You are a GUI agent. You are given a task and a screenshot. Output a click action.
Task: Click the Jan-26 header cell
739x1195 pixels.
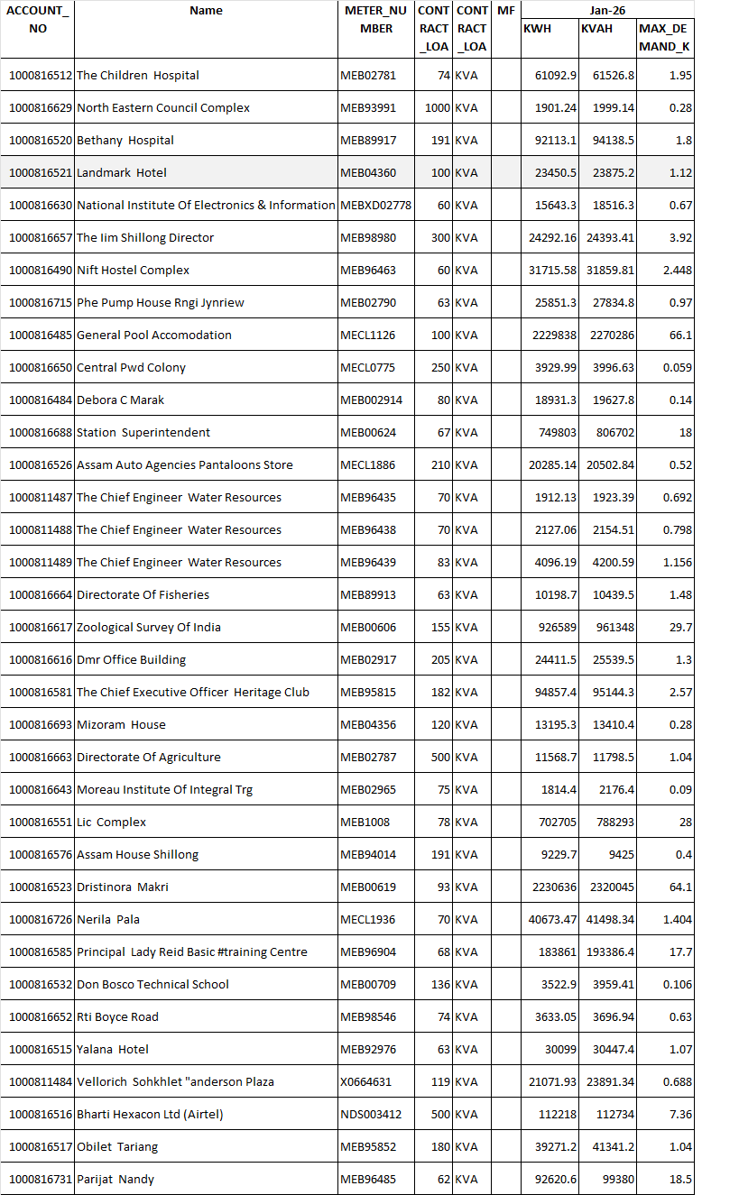[607, 10]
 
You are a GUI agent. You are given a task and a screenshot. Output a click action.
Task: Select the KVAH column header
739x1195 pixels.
[597, 28]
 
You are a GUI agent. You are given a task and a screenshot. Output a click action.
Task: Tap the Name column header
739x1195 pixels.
[207, 11]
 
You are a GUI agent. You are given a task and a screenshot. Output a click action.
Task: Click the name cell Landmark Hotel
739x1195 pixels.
[122, 172]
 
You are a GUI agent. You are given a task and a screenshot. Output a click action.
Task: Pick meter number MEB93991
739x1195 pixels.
[368, 107]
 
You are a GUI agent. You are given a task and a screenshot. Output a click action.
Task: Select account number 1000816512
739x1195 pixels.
[41, 75]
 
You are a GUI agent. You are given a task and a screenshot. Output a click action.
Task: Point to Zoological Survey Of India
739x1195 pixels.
[149, 627]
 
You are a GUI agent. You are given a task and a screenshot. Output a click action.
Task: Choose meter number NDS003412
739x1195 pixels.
[371, 1114]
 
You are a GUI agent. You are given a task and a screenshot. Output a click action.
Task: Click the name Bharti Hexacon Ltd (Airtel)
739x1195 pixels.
[150, 1114]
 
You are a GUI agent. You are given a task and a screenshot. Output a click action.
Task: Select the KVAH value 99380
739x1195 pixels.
[616, 1179]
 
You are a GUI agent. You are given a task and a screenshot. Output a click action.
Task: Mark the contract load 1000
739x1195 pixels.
[438, 107]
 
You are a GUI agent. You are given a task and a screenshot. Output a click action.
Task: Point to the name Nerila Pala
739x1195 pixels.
[108, 919]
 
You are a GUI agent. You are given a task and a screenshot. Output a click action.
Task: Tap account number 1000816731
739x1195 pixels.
[41, 1179]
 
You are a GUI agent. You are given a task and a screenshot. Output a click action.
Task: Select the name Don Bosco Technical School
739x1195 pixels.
[153, 984]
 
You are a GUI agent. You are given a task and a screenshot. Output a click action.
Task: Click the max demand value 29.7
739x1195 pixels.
[679, 627]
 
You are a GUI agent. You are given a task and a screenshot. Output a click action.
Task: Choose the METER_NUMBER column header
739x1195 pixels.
[376, 19]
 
